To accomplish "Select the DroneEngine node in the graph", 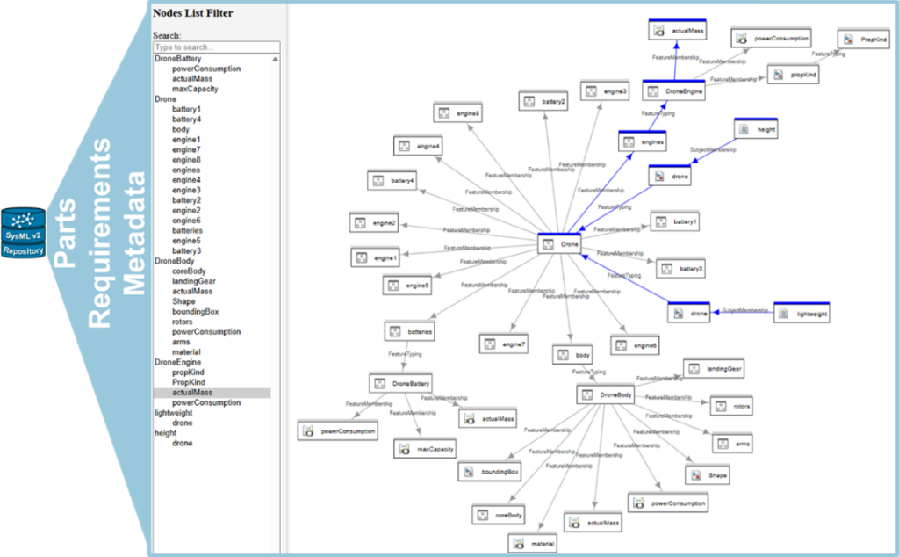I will click(673, 91).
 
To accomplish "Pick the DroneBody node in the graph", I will click(605, 395).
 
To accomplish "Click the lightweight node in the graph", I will click(801, 314).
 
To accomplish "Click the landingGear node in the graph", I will click(715, 370).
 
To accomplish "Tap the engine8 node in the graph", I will click(457, 113).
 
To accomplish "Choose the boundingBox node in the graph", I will click(491, 472).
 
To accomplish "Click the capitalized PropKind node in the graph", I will click(863, 40).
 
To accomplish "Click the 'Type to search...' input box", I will click(216, 47).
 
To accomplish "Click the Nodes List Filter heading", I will click(192, 13).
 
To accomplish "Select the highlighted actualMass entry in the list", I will click(192, 393).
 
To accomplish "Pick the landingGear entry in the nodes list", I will click(194, 281).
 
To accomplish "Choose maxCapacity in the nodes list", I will click(195, 89).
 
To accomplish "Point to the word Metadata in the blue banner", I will click(134, 233).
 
